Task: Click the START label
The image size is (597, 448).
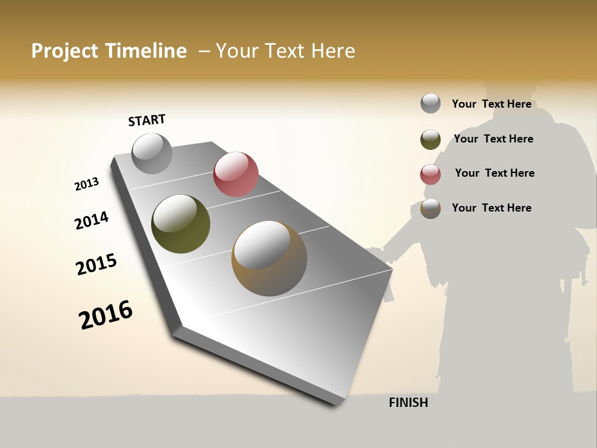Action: pos(147,120)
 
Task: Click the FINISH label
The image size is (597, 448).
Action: pos(409,403)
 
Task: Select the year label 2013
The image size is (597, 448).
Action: pos(87,184)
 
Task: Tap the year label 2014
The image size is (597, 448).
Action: pos(91,220)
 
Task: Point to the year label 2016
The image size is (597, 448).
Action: pos(106,314)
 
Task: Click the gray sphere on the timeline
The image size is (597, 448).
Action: pos(152,153)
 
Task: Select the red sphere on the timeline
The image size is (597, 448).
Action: pos(236,174)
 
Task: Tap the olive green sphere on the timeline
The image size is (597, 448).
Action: pos(180,224)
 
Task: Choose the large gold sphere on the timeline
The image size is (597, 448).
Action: pos(269,258)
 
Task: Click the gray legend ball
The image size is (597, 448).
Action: pos(430,103)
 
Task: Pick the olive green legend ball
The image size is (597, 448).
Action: pos(430,139)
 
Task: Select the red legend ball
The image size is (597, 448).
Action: pos(430,174)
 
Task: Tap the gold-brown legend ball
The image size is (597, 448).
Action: pos(430,208)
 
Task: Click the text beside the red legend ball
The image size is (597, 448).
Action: pos(494,173)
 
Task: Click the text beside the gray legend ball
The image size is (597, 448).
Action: pos(491,104)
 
